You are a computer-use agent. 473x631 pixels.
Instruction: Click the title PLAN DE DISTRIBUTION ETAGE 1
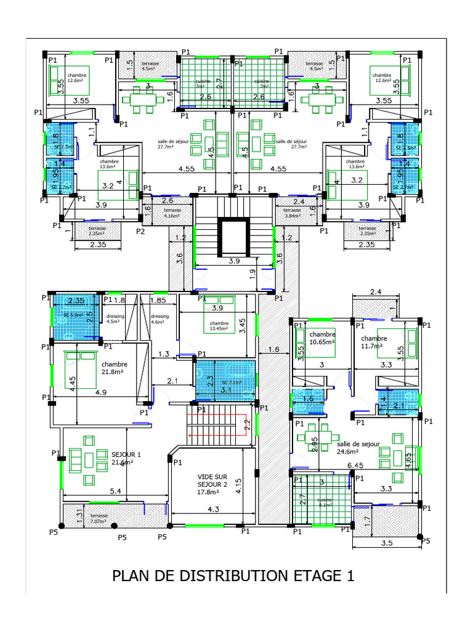[x=233, y=576]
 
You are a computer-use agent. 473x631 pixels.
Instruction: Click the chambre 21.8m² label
[x=115, y=368]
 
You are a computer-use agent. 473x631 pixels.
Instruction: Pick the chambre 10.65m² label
[x=321, y=338]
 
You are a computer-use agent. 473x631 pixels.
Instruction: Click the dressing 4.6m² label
[x=160, y=319]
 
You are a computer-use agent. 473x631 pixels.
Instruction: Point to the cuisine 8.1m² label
[x=325, y=503]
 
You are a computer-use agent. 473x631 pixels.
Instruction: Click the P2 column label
[x=140, y=231]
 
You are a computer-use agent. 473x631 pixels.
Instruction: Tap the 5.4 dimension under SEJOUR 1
[x=114, y=491]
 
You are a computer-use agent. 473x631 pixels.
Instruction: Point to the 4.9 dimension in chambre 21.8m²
[x=100, y=392]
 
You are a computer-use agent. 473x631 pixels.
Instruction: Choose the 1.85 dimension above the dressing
[x=158, y=300]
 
